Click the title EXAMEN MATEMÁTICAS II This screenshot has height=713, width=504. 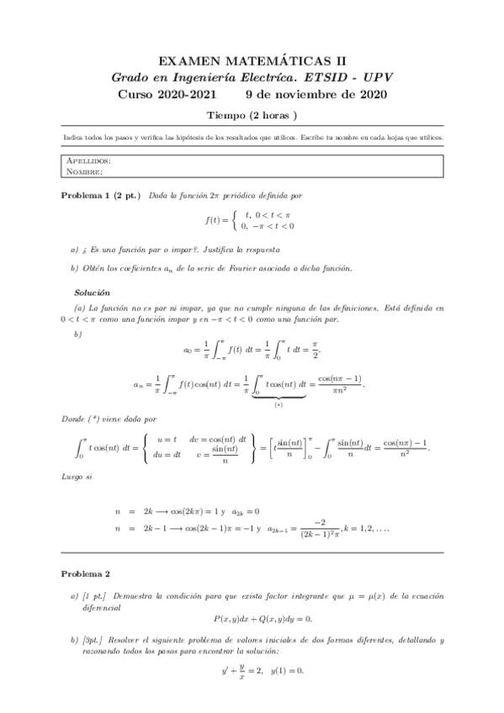[252, 61]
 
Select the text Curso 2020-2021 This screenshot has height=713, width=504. [167, 93]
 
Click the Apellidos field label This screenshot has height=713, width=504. [88, 160]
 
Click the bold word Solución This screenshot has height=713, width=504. [93, 293]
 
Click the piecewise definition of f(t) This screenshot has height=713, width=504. [252, 220]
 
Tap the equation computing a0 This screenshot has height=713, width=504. [252, 347]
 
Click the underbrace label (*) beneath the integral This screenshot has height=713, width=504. [278, 403]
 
